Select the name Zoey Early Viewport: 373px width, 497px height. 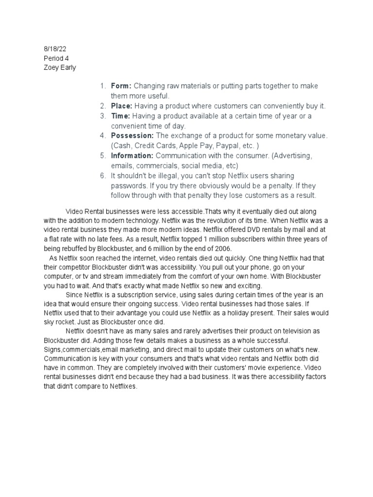(x=60, y=67)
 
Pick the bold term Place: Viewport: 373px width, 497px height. (x=122, y=106)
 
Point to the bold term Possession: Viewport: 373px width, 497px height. (x=132, y=136)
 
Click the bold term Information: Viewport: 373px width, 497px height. (x=132, y=156)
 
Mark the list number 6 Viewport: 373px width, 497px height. (x=103, y=176)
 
